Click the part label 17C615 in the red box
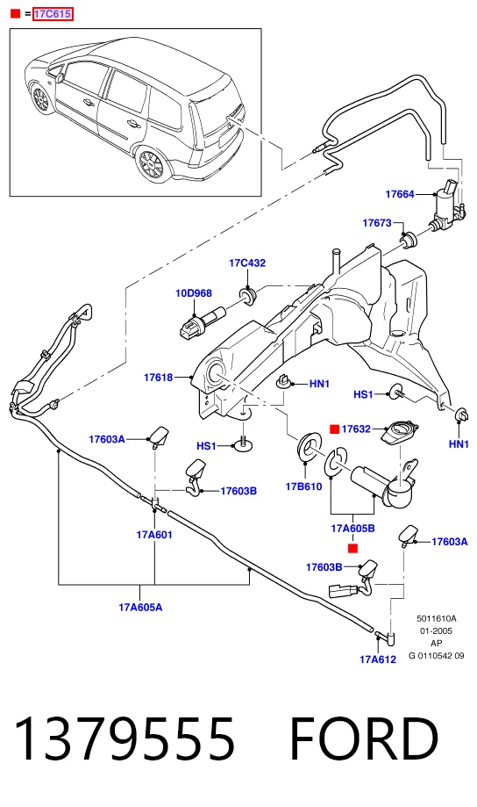pyautogui.click(x=53, y=14)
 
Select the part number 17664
pyautogui.click(x=399, y=194)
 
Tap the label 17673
pyautogui.click(x=377, y=223)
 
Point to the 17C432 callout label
pyautogui.click(x=247, y=263)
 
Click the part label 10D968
pyautogui.click(x=194, y=293)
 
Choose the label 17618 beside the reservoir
pyautogui.click(x=159, y=378)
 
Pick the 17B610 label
pyautogui.click(x=303, y=486)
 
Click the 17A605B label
pyautogui.click(x=352, y=528)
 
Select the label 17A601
pyautogui.click(x=154, y=535)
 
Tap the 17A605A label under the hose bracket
pyautogui.click(x=140, y=608)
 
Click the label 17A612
pyautogui.click(x=378, y=659)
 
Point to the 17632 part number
pyautogui.click(x=356, y=429)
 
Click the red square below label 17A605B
pyautogui.click(x=352, y=549)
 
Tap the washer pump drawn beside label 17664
pyautogui.click(x=445, y=207)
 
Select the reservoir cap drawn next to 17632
pyautogui.click(x=399, y=431)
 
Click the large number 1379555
pyautogui.click(x=125, y=739)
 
